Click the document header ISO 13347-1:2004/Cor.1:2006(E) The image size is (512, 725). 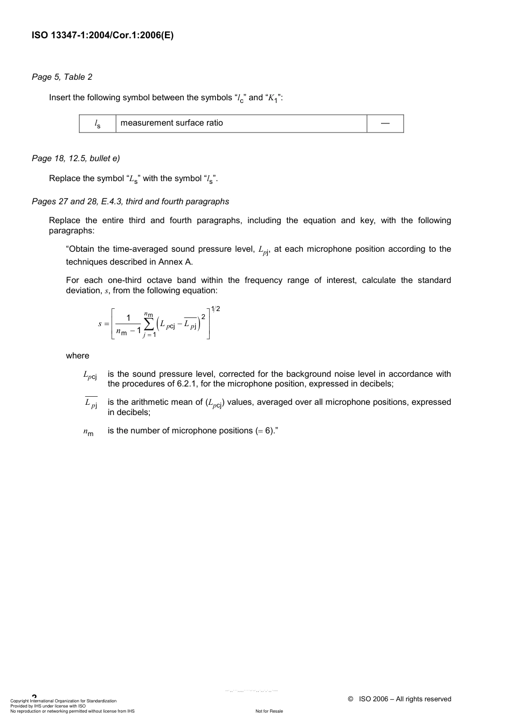click(x=102, y=36)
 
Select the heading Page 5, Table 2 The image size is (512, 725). click(x=62, y=77)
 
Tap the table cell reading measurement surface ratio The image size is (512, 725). click(x=171, y=123)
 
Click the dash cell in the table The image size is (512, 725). click(x=385, y=123)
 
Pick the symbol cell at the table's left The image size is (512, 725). click(x=98, y=124)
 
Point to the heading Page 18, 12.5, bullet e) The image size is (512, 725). click(x=75, y=158)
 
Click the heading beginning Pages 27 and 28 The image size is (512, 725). click(x=130, y=202)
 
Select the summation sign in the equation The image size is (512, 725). click(x=149, y=324)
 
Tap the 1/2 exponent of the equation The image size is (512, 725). click(x=215, y=309)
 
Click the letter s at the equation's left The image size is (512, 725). click(x=100, y=324)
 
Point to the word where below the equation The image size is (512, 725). click(x=78, y=356)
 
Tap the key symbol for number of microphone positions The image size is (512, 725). click(x=88, y=432)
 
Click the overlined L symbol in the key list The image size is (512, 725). click(x=91, y=403)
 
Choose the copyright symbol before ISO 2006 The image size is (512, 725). click(x=350, y=699)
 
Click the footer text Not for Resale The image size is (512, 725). click(x=269, y=711)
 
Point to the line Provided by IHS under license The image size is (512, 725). click(x=48, y=706)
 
